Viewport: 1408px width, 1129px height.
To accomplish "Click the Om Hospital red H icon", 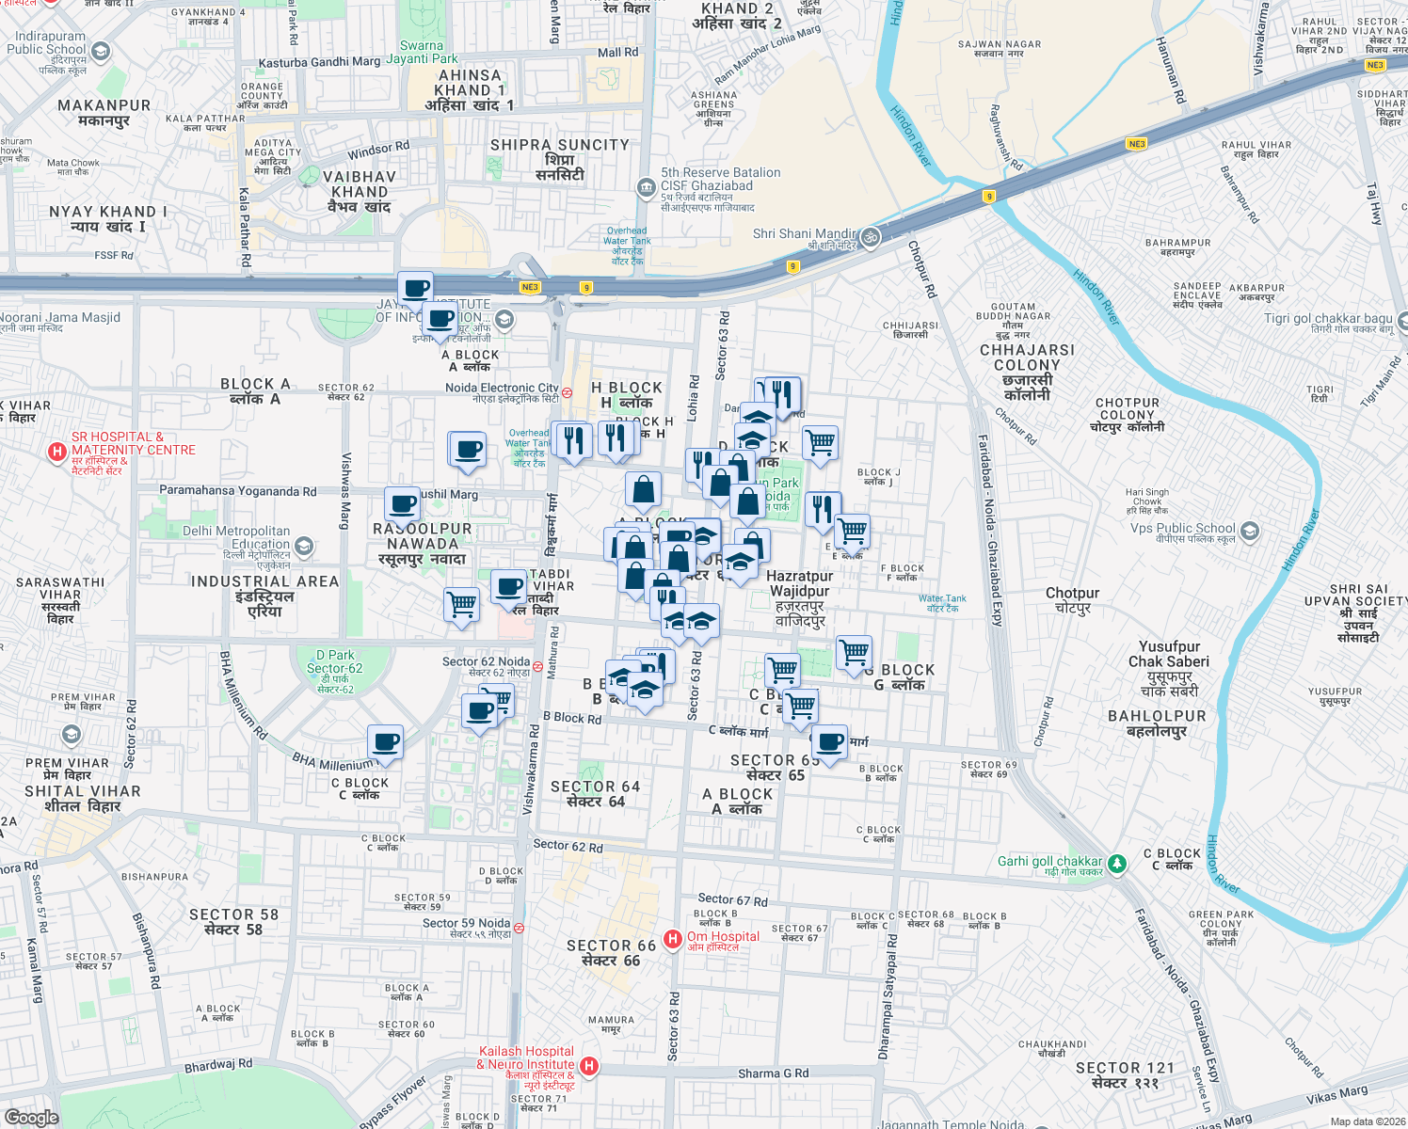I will pyautogui.click(x=673, y=939).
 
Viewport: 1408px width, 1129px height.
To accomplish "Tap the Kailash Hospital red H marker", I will pyautogui.click(x=589, y=1066).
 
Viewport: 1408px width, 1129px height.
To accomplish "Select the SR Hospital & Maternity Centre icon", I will pyautogui.click(x=57, y=452).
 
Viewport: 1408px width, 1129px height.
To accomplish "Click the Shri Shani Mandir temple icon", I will pyautogui.click(x=871, y=236).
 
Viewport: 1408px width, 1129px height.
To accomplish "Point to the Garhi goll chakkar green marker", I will pyautogui.click(x=1116, y=863).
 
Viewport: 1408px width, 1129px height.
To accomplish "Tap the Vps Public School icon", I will pyautogui.click(x=1249, y=532).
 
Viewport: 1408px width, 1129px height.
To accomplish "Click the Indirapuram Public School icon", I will pyautogui.click(x=101, y=51).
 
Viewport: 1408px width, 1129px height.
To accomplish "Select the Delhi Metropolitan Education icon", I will pyautogui.click(x=303, y=546).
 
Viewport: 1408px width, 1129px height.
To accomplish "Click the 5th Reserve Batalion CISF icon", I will pyautogui.click(x=646, y=187).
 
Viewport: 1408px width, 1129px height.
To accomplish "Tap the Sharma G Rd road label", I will pyautogui.click(x=773, y=1073).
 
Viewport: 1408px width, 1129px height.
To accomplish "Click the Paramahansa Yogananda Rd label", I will pyautogui.click(x=237, y=491).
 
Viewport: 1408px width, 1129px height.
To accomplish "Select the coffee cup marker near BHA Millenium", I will pyautogui.click(x=385, y=742).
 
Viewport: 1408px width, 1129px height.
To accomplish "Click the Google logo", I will pyautogui.click(x=31, y=1117).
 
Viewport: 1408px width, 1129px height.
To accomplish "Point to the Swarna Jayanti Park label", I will pyautogui.click(x=422, y=52).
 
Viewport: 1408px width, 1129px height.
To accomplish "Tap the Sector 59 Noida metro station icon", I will pyautogui.click(x=519, y=928).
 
